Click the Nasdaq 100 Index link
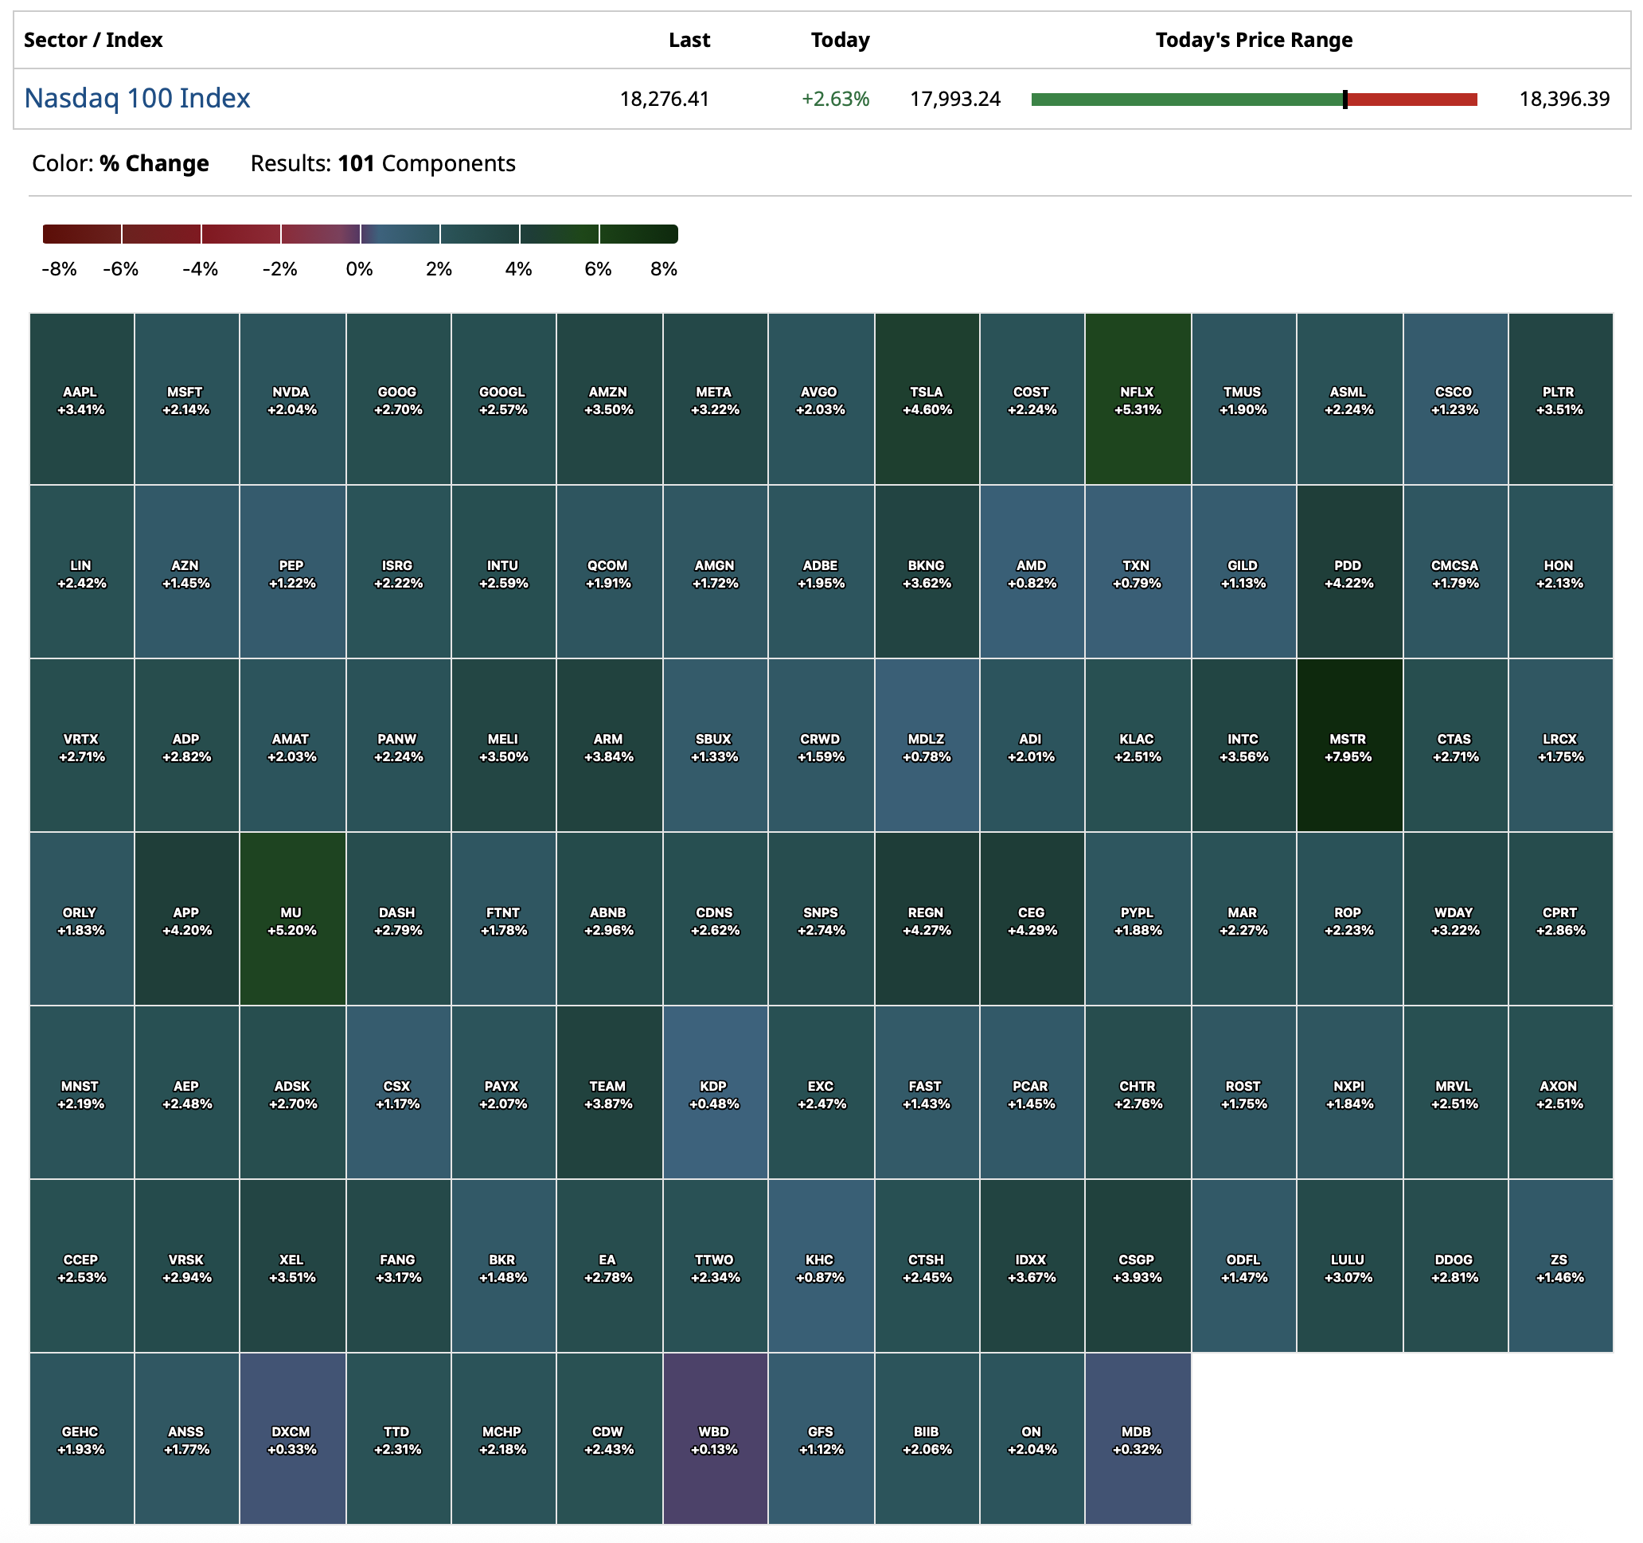(x=137, y=99)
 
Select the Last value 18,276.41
(x=665, y=100)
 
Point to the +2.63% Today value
(x=835, y=100)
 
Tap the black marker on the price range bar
(x=1344, y=100)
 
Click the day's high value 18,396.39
(x=1563, y=100)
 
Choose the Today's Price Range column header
(x=1253, y=40)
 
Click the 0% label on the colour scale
(x=360, y=269)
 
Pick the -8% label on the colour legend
(x=59, y=269)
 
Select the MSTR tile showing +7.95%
(x=1348, y=745)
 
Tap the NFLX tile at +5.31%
(x=1138, y=399)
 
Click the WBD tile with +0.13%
(x=715, y=1439)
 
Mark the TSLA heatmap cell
(x=927, y=399)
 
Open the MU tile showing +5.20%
(x=291, y=919)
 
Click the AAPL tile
(x=81, y=399)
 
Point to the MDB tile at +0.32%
(x=1138, y=1439)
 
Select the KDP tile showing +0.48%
(x=715, y=1092)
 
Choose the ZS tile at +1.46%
(x=1559, y=1266)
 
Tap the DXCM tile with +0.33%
(x=291, y=1439)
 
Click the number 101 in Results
(x=356, y=164)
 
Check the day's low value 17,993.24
(x=954, y=100)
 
